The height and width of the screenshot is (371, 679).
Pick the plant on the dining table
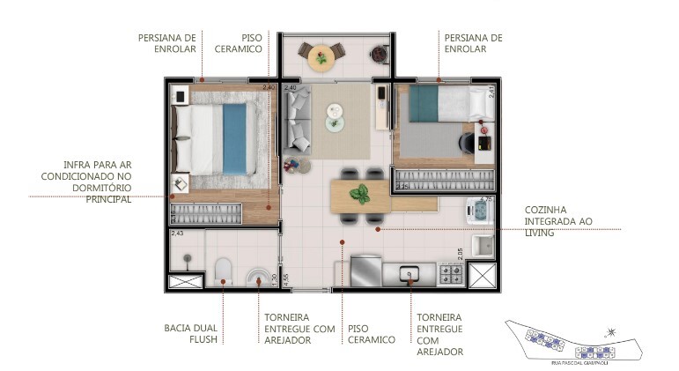[x=359, y=195]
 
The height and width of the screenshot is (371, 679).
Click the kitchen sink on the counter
[x=411, y=275]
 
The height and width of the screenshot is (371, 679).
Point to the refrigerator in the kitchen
[x=365, y=271]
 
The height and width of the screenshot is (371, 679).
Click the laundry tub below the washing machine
[x=482, y=244]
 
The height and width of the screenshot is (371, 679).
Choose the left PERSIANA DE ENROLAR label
[x=167, y=43]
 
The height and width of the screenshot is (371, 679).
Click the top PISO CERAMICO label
[x=238, y=43]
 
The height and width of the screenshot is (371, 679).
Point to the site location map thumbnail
[x=572, y=339]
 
